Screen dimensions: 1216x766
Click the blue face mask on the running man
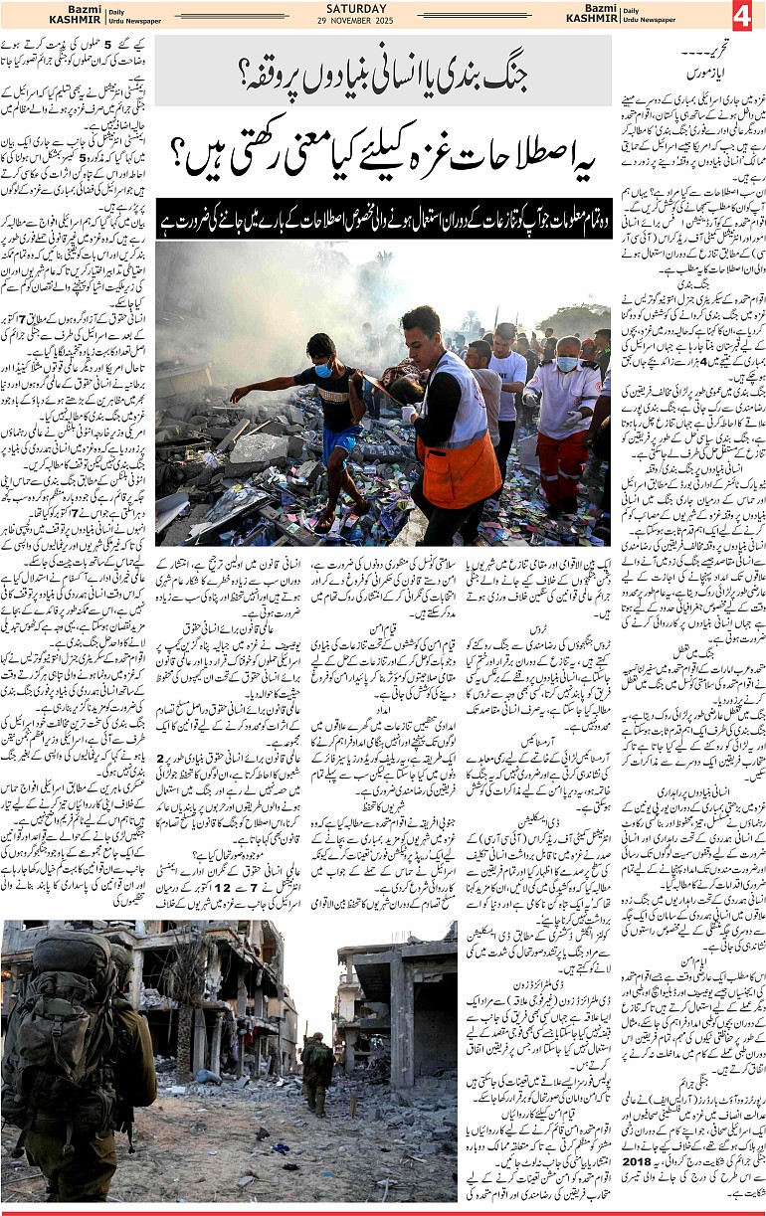coord(324,369)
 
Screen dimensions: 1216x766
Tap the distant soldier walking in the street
coord(317,1074)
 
